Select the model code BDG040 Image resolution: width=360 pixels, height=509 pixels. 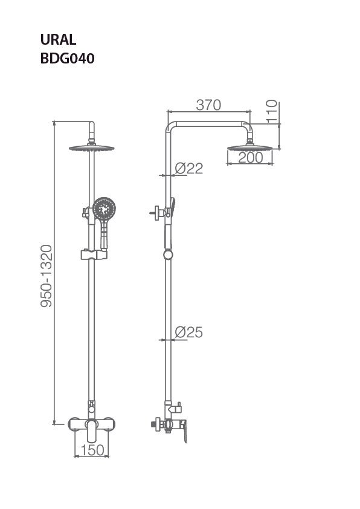(x=67, y=59)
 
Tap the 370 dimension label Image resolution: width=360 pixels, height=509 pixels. (x=208, y=105)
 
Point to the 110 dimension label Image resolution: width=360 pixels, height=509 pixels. (x=272, y=111)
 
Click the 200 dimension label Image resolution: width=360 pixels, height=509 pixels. (x=250, y=157)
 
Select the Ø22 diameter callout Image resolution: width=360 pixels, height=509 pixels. (x=188, y=169)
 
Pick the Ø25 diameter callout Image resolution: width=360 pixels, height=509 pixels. (x=188, y=332)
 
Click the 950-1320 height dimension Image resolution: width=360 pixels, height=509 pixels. (x=47, y=275)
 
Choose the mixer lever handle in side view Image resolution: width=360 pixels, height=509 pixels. (x=182, y=430)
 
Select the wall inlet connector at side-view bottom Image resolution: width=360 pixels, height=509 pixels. (x=156, y=424)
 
